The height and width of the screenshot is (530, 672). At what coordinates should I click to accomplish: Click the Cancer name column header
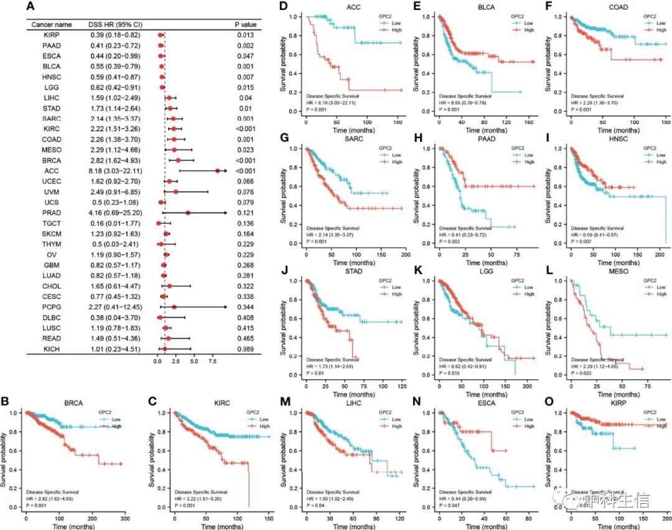51,24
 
